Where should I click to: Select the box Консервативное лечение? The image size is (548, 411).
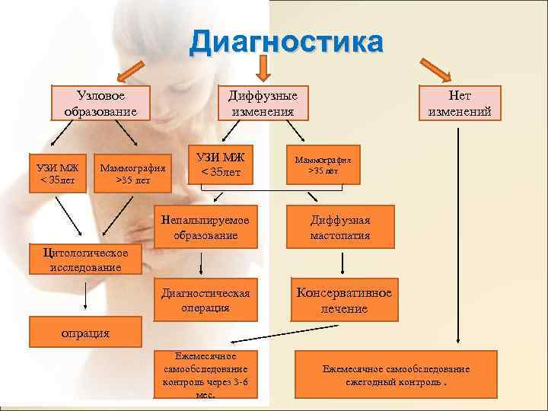(x=344, y=300)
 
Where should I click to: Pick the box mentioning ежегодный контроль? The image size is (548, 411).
(x=396, y=374)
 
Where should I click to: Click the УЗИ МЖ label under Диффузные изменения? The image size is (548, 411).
(x=221, y=165)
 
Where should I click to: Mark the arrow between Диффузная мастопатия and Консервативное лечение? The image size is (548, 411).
(x=344, y=262)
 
